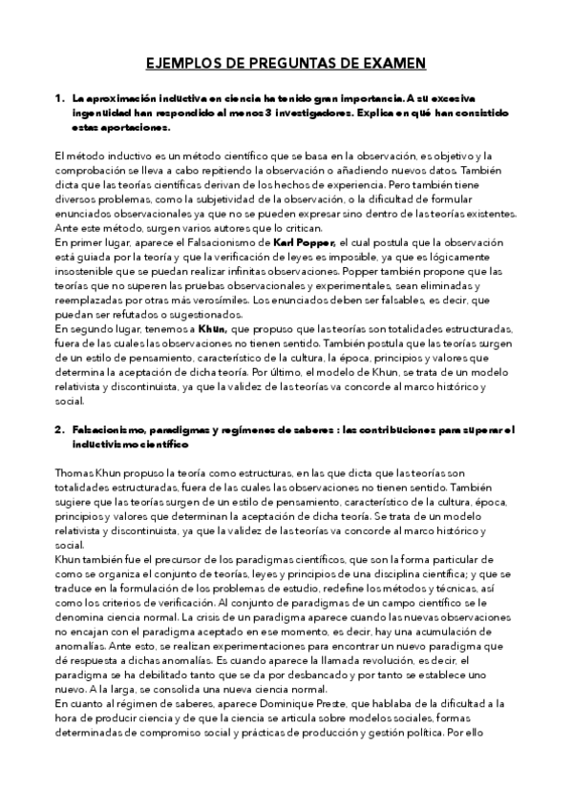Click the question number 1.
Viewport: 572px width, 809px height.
pyautogui.click(x=58, y=97)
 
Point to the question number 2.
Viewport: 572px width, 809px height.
pyautogui.click(x=58, y=430)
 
